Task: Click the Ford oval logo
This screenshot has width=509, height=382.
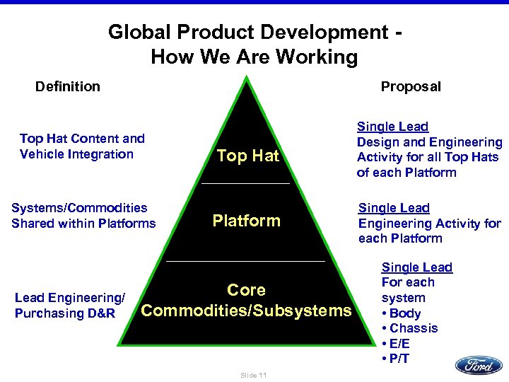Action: coord(479,365)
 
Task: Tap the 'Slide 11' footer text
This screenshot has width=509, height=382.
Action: coord(252,375)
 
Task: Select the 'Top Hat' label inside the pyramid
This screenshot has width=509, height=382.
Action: coord(247,156)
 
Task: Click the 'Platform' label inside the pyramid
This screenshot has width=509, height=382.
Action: coord(246,221)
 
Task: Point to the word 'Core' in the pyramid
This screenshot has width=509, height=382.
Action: coord(246,290)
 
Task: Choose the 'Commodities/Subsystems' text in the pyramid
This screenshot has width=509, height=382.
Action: coord(246,311)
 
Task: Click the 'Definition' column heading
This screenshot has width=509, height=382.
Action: coord(68,87)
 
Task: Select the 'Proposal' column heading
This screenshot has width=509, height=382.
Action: coord(410,87)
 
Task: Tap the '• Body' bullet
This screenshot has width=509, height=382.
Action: coord(401,313)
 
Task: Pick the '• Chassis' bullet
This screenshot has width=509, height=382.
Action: coord(409,328)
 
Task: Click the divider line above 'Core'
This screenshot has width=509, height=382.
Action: coord(245,262)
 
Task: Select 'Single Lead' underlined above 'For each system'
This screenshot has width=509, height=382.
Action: coord(416,267)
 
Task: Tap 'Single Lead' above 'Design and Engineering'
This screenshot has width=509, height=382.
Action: coord(392,127)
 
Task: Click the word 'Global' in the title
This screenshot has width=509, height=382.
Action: coord(139,33)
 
